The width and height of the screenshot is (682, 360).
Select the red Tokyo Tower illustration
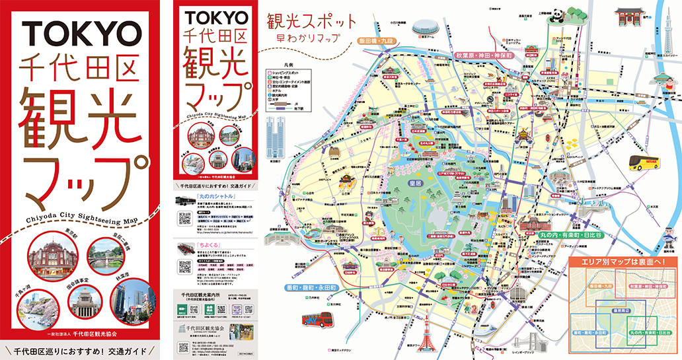click(x=426, y=331)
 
